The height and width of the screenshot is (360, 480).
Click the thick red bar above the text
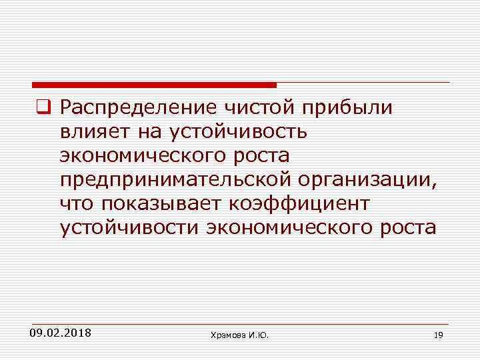point(154,85)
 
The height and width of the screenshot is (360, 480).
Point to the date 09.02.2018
point(61,332)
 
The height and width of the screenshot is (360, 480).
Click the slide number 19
point(437,335)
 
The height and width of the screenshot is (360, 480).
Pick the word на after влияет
point(147,131)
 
